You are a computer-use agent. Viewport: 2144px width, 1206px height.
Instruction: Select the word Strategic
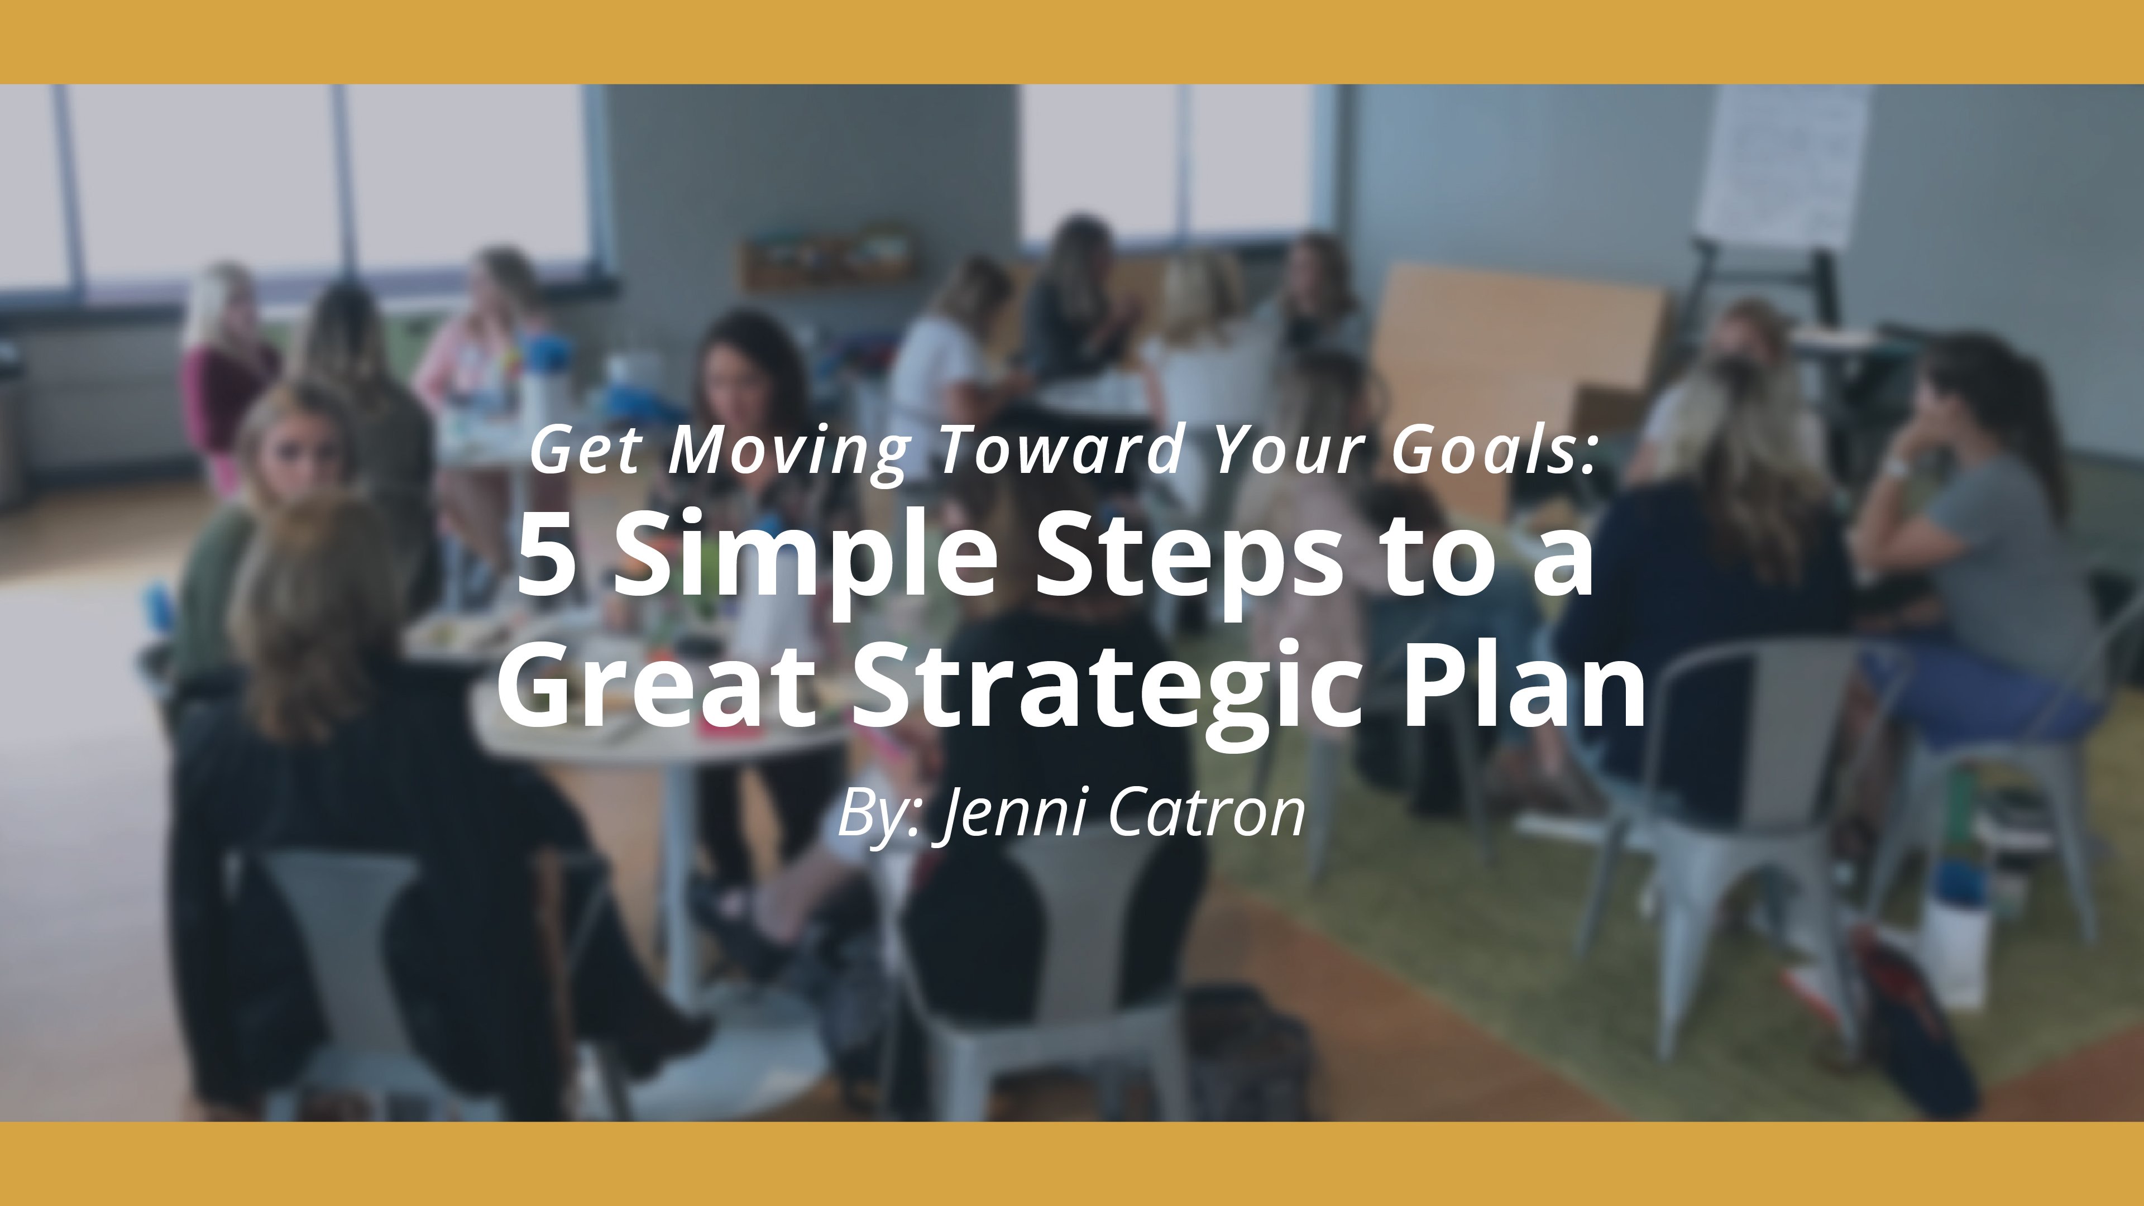pyautogui.click(x=1107, y=687)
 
